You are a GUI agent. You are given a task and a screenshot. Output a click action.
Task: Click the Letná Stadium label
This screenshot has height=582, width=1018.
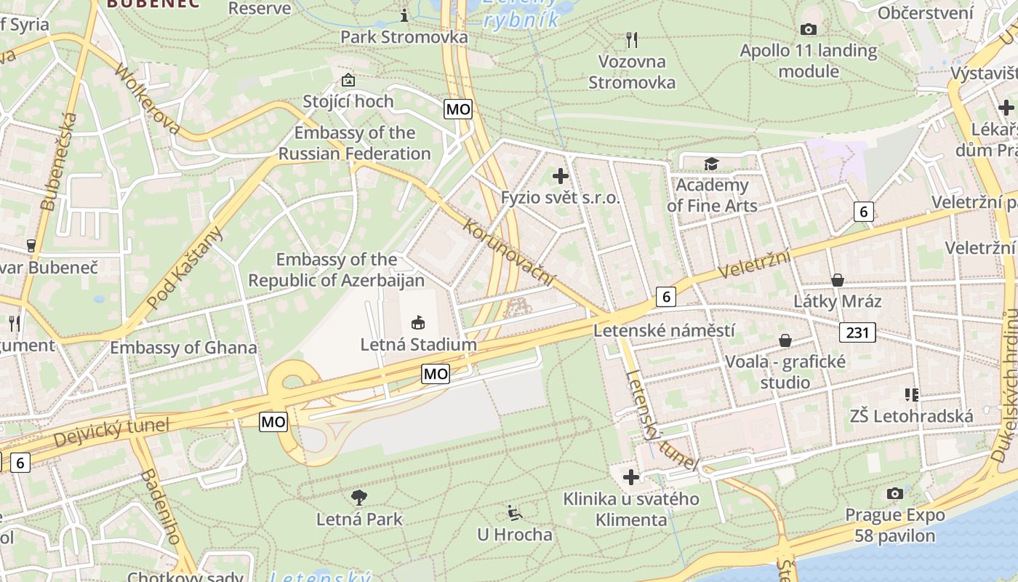coord(419,344)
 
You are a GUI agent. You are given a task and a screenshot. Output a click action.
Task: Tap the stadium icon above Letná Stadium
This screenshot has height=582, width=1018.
coord(418,322)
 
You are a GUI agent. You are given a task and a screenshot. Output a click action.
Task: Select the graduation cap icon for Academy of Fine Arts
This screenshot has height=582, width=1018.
coord(710,164)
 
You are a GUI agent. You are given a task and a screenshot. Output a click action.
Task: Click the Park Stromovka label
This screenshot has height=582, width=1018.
coord(404,36)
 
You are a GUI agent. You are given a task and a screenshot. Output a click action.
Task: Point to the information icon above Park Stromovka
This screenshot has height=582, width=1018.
coord(405,15)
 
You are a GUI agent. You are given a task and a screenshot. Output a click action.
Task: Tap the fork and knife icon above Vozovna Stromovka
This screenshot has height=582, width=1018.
coord(631,40)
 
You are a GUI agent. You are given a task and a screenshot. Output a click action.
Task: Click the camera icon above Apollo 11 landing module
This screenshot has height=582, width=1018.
coord(808,30)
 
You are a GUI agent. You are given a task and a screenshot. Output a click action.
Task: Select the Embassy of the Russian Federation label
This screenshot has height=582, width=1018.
coord(355,143)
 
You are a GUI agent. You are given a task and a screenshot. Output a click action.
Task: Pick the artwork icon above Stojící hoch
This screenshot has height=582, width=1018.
coord(348,80)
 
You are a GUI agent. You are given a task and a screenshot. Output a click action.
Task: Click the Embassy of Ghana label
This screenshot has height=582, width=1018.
coord(183,348)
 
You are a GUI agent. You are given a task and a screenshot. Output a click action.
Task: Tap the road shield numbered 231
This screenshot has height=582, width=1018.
coord(858,332)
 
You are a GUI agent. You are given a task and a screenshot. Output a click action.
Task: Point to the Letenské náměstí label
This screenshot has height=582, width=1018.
coord(664,330)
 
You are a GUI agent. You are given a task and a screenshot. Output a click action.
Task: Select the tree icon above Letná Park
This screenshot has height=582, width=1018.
coord(358,498)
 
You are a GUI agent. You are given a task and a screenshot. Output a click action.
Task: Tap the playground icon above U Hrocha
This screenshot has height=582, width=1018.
coord(514,513)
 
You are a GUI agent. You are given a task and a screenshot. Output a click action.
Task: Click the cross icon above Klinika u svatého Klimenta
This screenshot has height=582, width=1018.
coord(630,477)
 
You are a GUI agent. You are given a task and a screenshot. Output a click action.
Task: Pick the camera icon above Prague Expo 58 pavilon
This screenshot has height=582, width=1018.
coord(895,494)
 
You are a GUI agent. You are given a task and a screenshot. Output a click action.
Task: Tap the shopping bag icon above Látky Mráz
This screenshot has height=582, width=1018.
coord(837,280)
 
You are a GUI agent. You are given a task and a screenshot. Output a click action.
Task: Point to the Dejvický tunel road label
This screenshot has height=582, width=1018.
coord(111,432)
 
